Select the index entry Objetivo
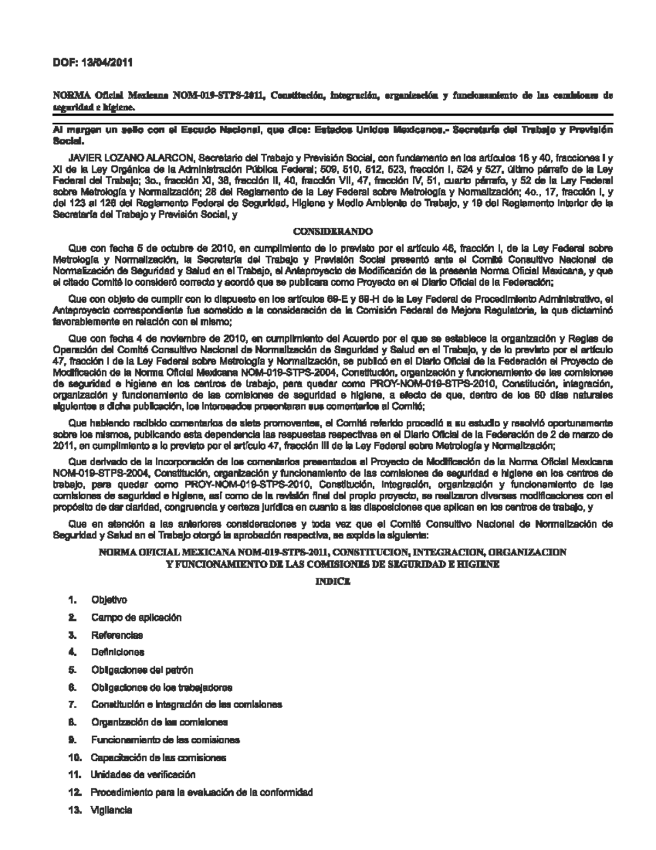109,600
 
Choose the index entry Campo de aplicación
136,617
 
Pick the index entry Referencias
117,635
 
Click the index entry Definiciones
118,652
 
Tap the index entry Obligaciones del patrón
142,670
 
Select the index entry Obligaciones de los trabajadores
162,687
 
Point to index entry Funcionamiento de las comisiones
166,740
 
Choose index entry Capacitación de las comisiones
159,758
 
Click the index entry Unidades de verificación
143,774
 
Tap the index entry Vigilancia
112,810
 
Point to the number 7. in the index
72,704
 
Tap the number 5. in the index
72,670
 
